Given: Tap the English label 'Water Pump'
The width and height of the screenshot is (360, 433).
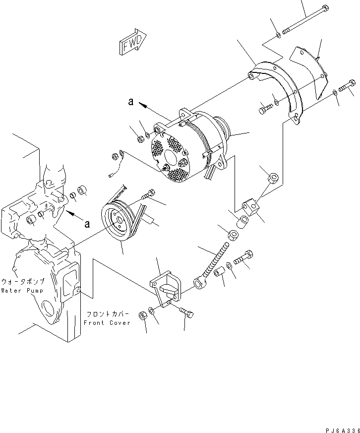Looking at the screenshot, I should point(21,290).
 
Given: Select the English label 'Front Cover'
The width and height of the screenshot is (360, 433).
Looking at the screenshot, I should point(107,322).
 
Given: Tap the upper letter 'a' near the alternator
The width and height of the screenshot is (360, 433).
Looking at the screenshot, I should point(130,102).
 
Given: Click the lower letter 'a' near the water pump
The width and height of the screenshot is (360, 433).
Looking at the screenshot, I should point(87,224).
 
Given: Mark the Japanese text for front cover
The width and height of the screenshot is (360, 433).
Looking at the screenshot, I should point(108,314).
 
